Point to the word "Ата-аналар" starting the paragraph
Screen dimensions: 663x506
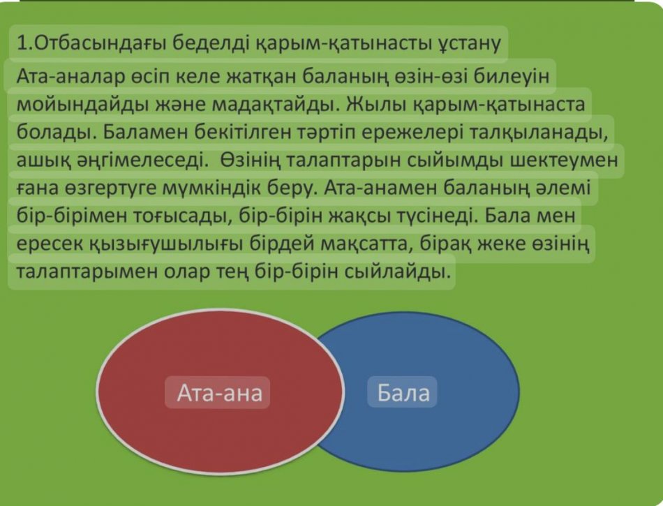pyautogui.click(x=70, y=76)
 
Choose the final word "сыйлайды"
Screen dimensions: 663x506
pyautogui.click(x=397, y=271)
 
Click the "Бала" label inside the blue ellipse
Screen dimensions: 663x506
pyautogui.click(x=403, y=393)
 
